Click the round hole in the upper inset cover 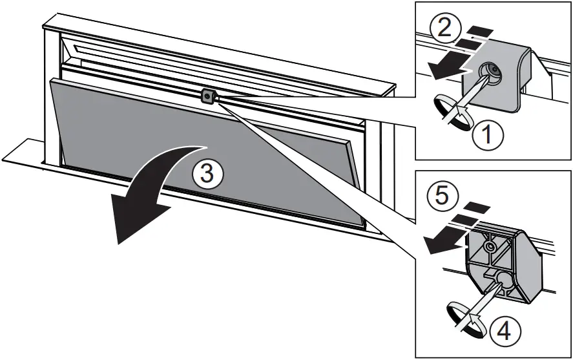[x=490, y=72]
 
